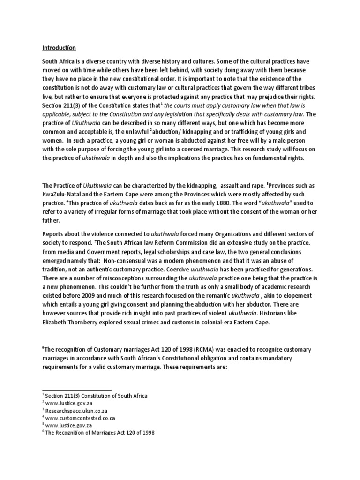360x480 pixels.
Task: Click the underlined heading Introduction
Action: tap(59, 48)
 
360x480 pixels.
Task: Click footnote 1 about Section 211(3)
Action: tap(96, 395)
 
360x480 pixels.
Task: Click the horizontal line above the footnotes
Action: tap(77, 390)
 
